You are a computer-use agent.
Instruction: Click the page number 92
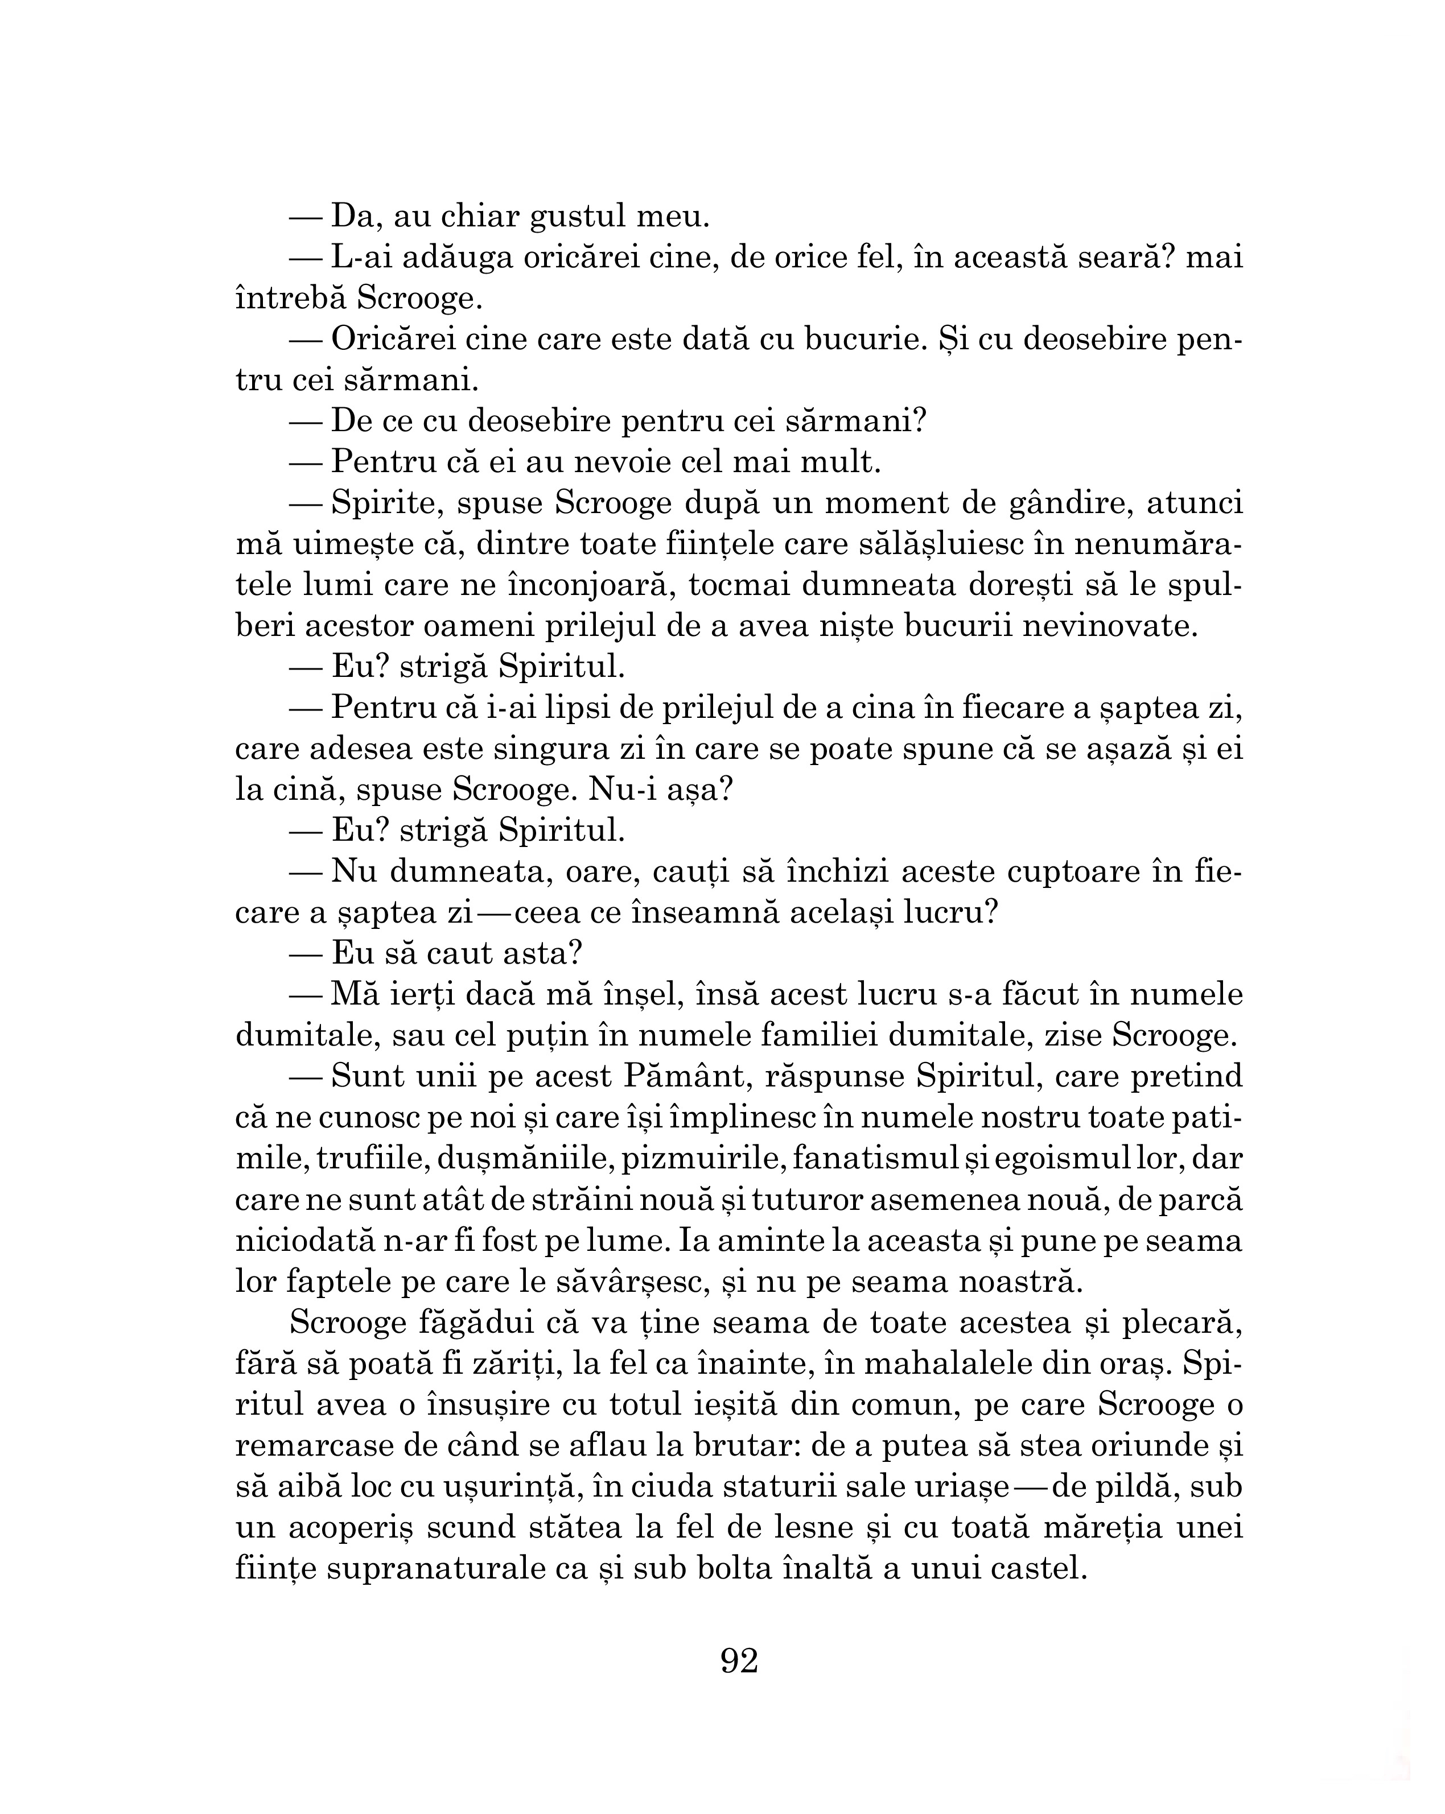tap(739, 1660)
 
